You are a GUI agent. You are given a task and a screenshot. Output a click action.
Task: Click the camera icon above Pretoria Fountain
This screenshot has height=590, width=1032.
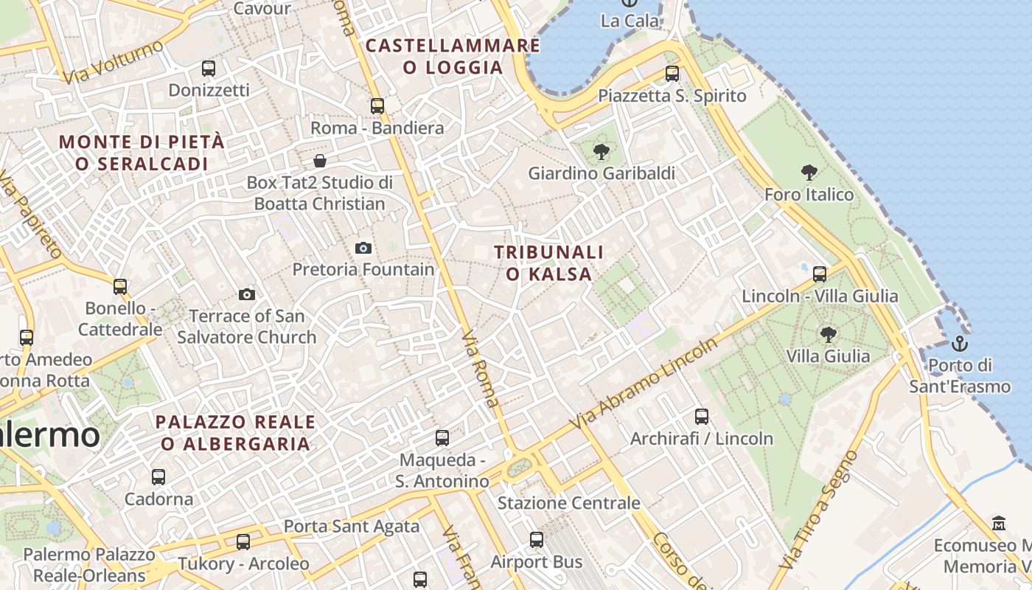363,248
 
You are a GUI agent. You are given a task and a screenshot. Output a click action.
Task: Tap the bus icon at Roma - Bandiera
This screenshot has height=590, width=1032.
377,105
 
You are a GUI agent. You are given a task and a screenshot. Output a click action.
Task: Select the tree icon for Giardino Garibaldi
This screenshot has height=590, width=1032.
602,152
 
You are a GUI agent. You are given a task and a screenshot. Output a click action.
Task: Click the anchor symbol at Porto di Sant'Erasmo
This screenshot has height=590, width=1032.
959,343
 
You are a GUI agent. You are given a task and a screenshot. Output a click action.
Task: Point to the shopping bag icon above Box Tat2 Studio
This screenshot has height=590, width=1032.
320,160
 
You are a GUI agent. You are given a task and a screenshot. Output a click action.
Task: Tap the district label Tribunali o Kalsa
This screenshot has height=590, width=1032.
548,263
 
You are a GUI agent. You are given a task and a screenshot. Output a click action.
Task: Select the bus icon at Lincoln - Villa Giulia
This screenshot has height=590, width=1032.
819,274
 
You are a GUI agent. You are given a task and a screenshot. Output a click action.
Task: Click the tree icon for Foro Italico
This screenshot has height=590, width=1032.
809,173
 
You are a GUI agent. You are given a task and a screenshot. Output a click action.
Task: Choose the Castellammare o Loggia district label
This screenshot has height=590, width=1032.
453,56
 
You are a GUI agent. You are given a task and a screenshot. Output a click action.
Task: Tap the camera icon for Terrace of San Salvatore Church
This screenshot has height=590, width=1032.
247,294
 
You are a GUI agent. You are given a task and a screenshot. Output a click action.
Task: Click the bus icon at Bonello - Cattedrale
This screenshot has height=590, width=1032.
120,286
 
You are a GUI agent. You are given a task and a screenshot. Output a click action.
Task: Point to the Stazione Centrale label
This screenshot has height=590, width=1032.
568,503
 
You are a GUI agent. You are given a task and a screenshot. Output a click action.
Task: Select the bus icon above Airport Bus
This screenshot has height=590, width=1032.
537,540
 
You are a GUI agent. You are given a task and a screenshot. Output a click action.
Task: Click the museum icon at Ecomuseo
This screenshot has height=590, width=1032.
999,523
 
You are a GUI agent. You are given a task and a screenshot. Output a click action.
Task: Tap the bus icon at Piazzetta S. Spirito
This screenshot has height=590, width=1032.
672,74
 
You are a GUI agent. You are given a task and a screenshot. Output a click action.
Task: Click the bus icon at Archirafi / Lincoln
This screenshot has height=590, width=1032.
702,417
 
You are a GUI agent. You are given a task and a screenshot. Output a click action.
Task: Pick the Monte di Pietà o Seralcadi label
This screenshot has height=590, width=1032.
142,153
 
